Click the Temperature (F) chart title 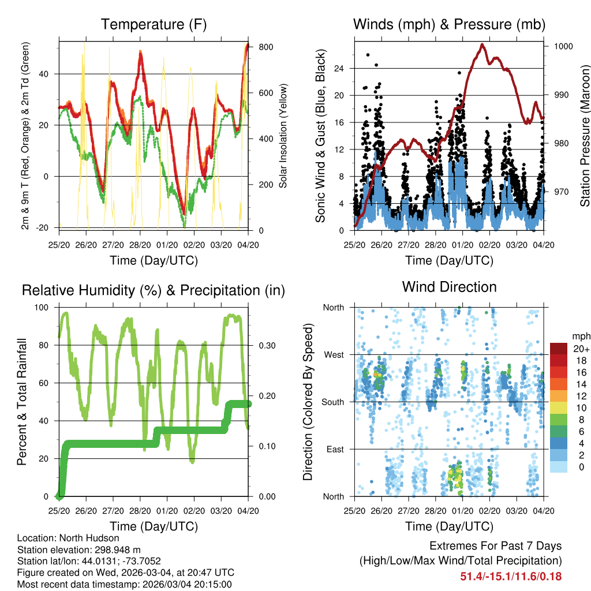(x=154, y=24)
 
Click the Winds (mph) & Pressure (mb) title (x=449, y=24)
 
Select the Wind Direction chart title (x=449, y=287)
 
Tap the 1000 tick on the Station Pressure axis (x=563, y=46)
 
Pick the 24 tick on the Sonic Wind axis (x=339, y=68)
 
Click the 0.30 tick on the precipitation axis (x=266, y=346)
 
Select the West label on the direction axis (x=334, y=355)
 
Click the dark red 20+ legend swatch (x=559, y=349)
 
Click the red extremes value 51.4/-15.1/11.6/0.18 (x=511, y=576)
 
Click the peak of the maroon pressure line (x=482, y=44)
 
